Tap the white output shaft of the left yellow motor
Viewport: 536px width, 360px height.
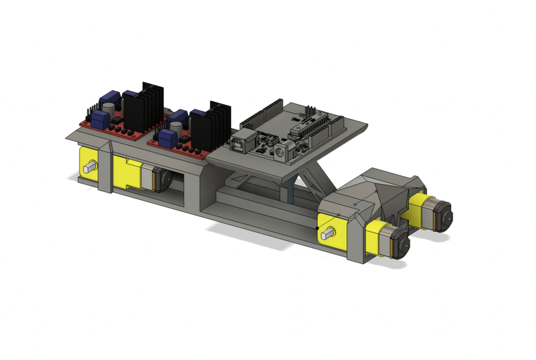(x=89, y=167)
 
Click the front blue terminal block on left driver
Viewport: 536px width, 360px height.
(x=102, y=119)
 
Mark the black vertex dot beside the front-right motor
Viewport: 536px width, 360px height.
(x=318, y=228)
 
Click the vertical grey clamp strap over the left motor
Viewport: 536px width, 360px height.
(x=105, y=168)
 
